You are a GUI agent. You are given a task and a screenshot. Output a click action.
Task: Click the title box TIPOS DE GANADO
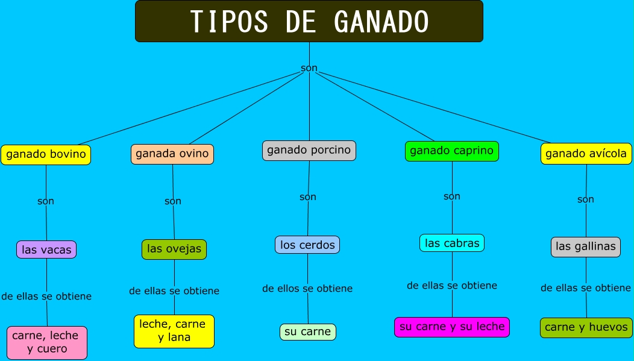click(309, 21)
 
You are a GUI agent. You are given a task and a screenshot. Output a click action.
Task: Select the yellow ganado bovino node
click(46, 154)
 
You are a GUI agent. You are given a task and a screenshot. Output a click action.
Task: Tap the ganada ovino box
click(172, 154)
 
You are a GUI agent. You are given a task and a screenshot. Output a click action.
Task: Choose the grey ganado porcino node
click(309, 150)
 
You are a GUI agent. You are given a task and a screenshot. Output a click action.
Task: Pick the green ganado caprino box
click(452, 151)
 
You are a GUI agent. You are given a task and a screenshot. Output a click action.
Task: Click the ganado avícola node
click(586, 154)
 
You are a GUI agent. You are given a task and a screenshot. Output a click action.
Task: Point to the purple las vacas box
click(46, 250)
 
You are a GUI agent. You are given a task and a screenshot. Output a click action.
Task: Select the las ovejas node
click(174, 249)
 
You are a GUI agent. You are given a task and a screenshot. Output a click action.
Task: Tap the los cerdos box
click(307, 245)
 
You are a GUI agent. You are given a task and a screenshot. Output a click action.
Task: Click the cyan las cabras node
click(452, 243)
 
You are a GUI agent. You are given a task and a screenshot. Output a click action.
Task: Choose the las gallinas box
click(586, 246)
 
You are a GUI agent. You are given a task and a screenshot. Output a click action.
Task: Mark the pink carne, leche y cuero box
click(47, 342)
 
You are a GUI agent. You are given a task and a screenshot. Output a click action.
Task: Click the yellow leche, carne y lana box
click(174, 331)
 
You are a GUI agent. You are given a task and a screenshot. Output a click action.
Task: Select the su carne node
click(308, 331)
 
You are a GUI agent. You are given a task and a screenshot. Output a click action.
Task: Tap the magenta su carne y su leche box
click(452, 327)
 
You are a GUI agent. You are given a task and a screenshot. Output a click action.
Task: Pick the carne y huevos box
click(586, 327)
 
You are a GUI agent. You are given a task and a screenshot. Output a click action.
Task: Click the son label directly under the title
click(309, 68)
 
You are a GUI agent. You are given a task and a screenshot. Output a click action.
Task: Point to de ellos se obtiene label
click(307, 289)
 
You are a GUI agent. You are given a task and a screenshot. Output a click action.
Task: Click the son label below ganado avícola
click(586, 199)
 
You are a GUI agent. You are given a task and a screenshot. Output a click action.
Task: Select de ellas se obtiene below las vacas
click(46, 296)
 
